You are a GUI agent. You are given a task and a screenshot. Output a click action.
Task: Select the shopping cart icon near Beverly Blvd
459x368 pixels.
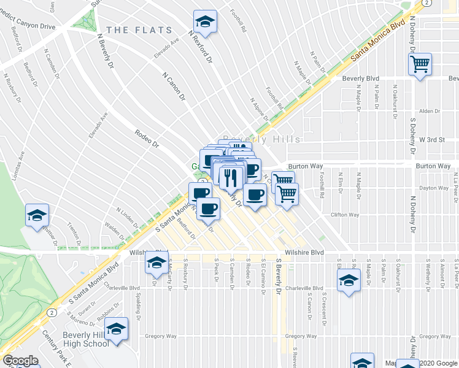click(420, 63)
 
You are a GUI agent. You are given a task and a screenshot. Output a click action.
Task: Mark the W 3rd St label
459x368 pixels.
click(431, 140)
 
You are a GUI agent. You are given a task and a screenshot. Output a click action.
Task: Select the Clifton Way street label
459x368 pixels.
click(344, 215)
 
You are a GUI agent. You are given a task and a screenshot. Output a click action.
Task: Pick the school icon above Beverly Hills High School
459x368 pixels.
click(116, 329)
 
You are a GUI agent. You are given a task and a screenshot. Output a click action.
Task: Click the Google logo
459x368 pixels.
click(21, 361)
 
